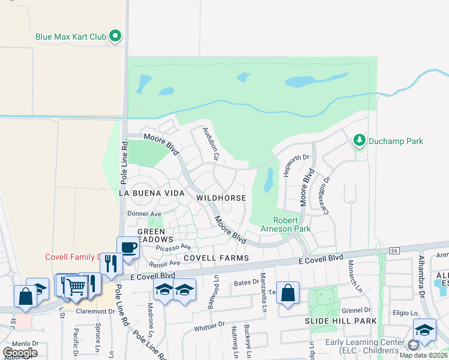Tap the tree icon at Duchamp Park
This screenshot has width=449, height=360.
pos(360,140)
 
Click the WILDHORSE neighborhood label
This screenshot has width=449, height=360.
pos(221,198)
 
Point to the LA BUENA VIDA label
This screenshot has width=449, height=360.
pos(150,193)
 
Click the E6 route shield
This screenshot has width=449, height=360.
pos(394,251)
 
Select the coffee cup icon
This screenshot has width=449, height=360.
pos(128,247)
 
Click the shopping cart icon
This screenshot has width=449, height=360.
pos(75,286)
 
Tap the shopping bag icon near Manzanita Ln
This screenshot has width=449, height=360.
pos(288,293)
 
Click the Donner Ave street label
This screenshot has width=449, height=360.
pos(144,214)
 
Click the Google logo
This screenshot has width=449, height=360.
pos(20,352)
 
